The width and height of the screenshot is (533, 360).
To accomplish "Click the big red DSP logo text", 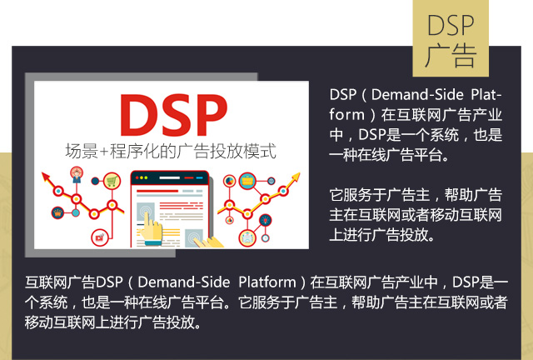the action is tap(173, 115).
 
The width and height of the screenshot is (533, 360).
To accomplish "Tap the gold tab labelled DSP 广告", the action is tap(451, 38).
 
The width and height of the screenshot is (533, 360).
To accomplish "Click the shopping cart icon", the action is tap(112, 181).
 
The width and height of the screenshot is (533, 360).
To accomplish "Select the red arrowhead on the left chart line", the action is tap(46, 177).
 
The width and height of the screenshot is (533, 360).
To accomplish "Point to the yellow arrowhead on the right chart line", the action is tap(296, 177).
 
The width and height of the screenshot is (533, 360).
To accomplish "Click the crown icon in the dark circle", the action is tap(57, 213).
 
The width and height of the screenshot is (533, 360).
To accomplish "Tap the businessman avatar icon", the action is tap(77, 174).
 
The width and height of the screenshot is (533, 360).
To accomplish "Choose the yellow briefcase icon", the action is tap(247, 182).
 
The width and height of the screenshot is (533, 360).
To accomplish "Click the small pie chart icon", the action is tap(230, 181).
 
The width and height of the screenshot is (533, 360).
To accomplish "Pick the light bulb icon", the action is tap(265, 221).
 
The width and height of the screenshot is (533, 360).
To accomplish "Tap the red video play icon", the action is tap(100, 237).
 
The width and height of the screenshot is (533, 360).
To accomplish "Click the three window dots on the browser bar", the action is tap(142, 177).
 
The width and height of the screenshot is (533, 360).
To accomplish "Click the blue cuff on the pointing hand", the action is tap(153, 242).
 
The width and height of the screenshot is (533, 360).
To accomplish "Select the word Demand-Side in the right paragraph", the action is tap(417, 95).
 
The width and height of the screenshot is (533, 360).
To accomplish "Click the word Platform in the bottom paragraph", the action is tap(267, 282).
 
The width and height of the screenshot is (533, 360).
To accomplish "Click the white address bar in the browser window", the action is tap(170, 177).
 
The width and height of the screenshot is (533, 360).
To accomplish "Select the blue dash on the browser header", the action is tap(200, 177).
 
